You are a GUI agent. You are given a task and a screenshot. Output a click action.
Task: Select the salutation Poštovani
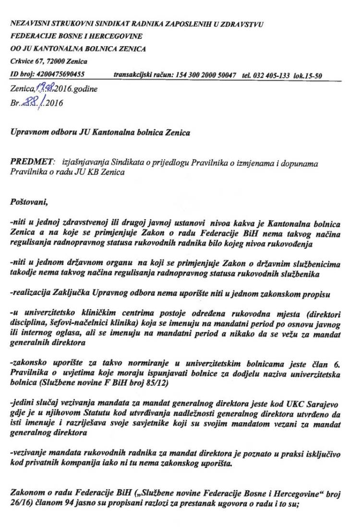pos(28,202)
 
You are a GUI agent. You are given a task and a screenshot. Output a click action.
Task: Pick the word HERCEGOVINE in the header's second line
pos(118,36)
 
